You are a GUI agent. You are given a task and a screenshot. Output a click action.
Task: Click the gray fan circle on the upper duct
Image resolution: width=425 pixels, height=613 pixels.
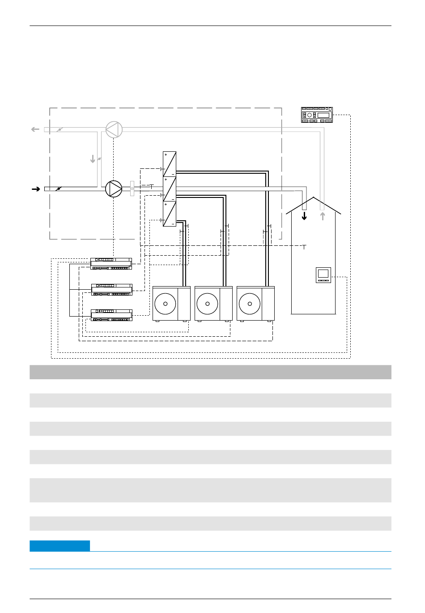pos(114,129)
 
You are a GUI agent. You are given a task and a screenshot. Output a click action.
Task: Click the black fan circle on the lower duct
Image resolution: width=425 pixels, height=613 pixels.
pos(114,189)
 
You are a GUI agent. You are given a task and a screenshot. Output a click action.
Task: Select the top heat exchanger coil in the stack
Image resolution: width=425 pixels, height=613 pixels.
pos(170,164)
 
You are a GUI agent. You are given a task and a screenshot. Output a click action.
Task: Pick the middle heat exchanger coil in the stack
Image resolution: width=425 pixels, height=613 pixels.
pos(170,189)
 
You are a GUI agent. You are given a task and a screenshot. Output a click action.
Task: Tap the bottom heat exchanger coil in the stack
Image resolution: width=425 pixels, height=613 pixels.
pos(170,214)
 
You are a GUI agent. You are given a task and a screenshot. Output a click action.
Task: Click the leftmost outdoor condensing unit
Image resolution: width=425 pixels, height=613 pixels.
pos(172,304)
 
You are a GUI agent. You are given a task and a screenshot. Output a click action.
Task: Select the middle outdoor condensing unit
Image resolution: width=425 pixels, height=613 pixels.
pos(214,304)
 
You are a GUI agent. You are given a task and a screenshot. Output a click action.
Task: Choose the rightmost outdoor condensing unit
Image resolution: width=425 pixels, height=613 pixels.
pos(255,304)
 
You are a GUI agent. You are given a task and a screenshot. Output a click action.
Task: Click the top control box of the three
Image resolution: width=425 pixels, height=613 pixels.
pos(111,263)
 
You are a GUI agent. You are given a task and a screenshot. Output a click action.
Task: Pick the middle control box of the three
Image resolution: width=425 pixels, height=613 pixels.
pos(112,289)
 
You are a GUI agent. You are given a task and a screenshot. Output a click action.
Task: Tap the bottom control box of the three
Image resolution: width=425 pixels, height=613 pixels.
pos(112,315)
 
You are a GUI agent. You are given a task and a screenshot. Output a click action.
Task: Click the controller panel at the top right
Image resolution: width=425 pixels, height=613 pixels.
pos(317,115)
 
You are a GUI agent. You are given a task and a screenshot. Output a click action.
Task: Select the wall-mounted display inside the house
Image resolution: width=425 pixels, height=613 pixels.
pos(323,274)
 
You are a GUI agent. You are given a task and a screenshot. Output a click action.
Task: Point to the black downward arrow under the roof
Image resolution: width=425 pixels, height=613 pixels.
pos(305,216)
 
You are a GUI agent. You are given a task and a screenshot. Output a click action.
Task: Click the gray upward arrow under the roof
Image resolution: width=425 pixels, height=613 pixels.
pos(323,216)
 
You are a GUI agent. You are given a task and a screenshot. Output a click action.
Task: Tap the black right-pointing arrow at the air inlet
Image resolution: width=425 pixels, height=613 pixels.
pos(36,189)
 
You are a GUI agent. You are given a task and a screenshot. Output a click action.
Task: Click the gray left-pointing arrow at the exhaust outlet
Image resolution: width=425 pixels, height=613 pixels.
pos(35,129)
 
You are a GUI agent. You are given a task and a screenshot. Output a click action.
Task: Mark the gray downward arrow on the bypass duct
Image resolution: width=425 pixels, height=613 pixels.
pos(93,159)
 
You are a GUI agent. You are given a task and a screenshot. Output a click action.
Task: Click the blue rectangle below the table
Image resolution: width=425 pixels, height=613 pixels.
pos(59,546)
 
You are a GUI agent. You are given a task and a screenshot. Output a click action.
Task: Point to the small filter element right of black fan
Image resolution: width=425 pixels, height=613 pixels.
pos(132,189)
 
